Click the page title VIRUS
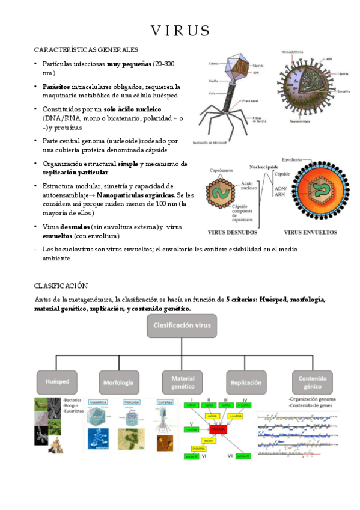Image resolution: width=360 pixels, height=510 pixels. (x=180, y=30)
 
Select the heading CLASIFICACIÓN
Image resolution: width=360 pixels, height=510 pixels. (x=61, y=286)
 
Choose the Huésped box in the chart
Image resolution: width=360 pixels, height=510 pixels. (x=58, y=382)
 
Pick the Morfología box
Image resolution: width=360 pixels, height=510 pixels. (x=119, y=382)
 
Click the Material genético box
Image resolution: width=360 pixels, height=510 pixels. (x=183, y=382)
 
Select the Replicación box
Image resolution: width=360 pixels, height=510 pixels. (x=245, y=382)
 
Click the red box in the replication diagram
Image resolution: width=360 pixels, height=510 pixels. (x=217, y=429)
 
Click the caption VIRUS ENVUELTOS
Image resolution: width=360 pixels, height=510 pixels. (x=310, y=232)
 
